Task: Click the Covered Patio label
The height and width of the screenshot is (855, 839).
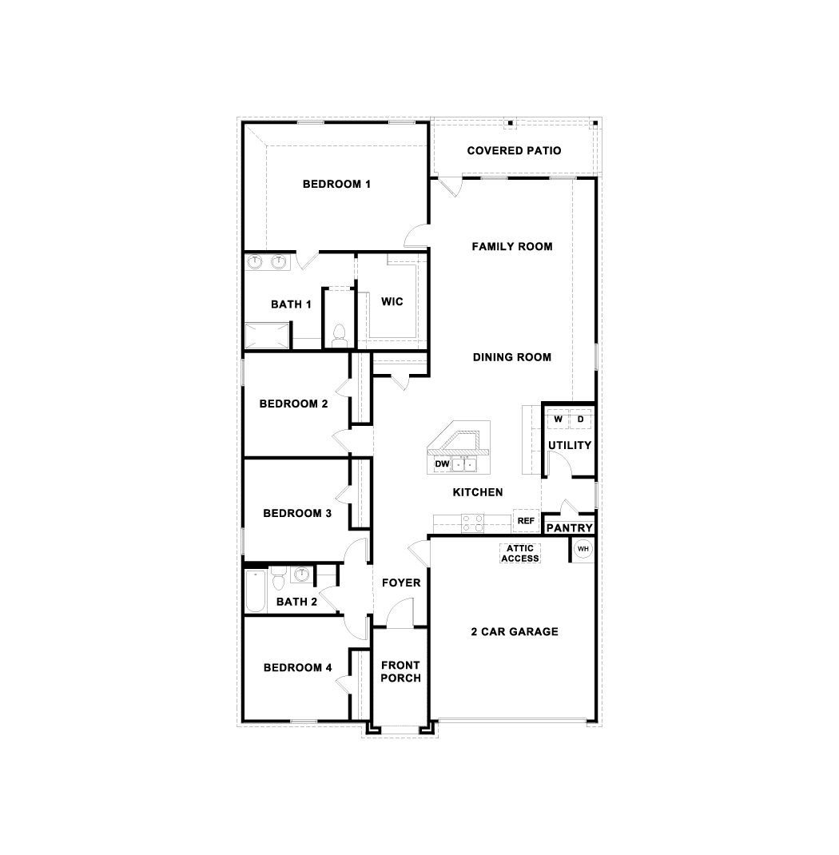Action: click(514, 150)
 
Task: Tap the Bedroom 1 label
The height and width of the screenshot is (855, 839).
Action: click(336, 185)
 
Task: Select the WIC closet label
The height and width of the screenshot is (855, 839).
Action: click(392, 301)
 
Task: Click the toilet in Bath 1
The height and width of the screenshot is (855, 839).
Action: click(340, 335)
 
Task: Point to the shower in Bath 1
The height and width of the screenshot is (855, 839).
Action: click(267, 336)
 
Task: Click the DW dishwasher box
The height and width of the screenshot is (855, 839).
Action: click(442, 464)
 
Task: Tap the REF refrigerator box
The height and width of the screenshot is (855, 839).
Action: click(526, 521)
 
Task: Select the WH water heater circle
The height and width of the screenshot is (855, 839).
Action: click(583, 548)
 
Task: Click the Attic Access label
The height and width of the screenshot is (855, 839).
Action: click(520, 554)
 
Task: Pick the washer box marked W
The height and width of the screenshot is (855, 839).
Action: click(559, 420)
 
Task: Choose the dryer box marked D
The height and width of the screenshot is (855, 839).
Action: click(581, 420)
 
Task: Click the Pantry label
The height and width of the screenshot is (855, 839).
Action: click(570, 528)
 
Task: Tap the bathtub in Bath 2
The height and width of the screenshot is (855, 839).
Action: click(255, 591)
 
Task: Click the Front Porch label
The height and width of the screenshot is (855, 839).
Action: click(400, 672)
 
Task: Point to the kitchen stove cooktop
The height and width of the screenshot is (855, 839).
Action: click(473, 523)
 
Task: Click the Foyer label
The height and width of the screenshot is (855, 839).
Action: click(401, 583)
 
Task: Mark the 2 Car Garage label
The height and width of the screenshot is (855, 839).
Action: click(515, 632)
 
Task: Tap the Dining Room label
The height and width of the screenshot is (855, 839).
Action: click(512, 357)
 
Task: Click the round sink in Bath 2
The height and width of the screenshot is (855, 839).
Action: click(301, 575)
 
